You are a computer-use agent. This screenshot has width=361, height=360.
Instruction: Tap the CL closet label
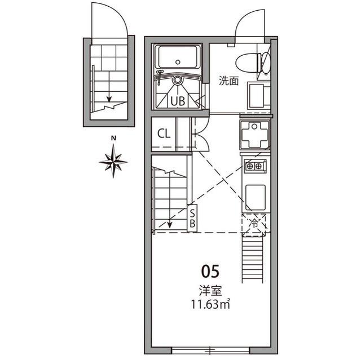point(164,134)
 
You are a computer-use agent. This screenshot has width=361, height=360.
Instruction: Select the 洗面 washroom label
point(229,81)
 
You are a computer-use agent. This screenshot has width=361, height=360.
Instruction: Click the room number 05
point(209,273)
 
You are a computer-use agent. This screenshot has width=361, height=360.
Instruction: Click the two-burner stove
point(255,166)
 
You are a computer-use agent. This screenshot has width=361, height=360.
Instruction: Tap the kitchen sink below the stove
point(256,197)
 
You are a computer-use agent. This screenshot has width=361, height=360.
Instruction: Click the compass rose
point(113,161)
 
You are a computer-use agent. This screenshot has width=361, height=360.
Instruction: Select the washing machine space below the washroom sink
point(255,135)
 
